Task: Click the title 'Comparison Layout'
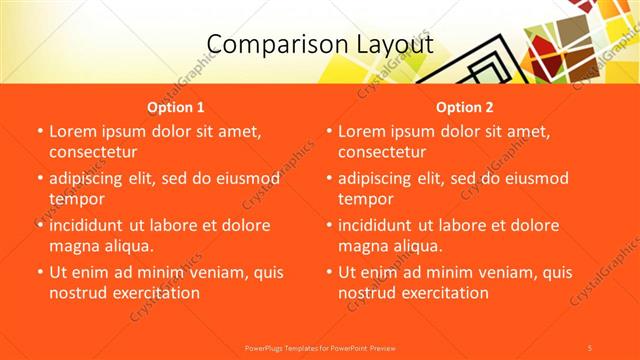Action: pos(319,45)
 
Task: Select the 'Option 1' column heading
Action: pos(176,106)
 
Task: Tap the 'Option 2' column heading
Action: pos(465,106)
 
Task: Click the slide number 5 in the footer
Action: pos(590,347)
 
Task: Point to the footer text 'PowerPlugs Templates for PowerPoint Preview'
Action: pos(319,347)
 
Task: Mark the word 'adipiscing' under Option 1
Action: pos(90,178)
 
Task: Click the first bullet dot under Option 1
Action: pos(39,132)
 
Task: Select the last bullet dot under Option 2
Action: pos(328,272)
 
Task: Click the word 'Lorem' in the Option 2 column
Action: pos(362,131)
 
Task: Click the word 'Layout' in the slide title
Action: pos(385,45)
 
